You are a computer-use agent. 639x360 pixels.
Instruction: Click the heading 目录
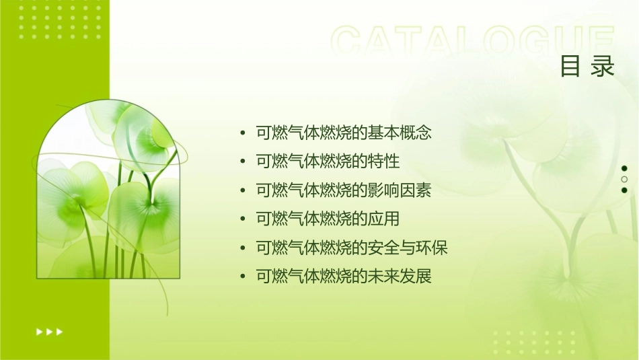[587, 66]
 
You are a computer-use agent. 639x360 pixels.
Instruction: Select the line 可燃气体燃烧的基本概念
[344, 133]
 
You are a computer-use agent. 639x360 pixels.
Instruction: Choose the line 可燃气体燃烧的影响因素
[344, 190]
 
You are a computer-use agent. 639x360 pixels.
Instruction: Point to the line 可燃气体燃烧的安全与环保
[352, 248]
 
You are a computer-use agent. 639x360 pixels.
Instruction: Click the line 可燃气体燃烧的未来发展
[344, 277]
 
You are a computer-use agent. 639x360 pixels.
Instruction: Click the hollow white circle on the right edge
[624, 180]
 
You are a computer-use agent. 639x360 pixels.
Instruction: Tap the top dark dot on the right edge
[624, 168]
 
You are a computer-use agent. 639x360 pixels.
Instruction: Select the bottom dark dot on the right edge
[624, 190]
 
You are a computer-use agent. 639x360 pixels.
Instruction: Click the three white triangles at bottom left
[49, 331]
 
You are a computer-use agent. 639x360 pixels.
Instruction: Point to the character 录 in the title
[603, 66]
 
